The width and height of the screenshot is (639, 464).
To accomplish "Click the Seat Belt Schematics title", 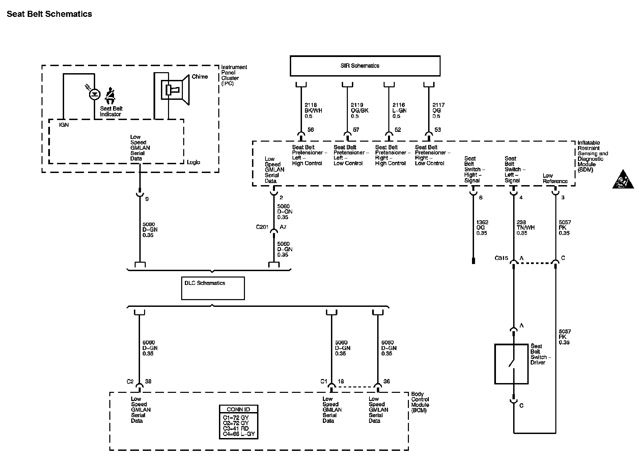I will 49,14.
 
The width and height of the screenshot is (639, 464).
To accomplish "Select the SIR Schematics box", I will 365,66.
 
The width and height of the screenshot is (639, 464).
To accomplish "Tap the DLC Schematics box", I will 213,288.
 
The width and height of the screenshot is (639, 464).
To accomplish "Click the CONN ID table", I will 238,422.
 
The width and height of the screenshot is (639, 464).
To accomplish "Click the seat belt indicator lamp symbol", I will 94,94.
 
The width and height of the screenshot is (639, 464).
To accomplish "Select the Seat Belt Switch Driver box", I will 511,364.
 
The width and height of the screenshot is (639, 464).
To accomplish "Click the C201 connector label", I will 262,227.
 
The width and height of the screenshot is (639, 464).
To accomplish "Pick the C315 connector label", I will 501,258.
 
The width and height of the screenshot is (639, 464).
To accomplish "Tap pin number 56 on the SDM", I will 310,130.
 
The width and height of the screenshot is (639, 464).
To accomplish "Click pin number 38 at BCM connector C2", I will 148,381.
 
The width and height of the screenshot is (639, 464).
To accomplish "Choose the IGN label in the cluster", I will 64,125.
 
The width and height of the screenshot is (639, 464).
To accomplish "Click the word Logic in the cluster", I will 193,163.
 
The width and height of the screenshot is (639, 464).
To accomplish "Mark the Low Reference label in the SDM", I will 555,178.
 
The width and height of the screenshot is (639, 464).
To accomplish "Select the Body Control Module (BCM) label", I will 420,402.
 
